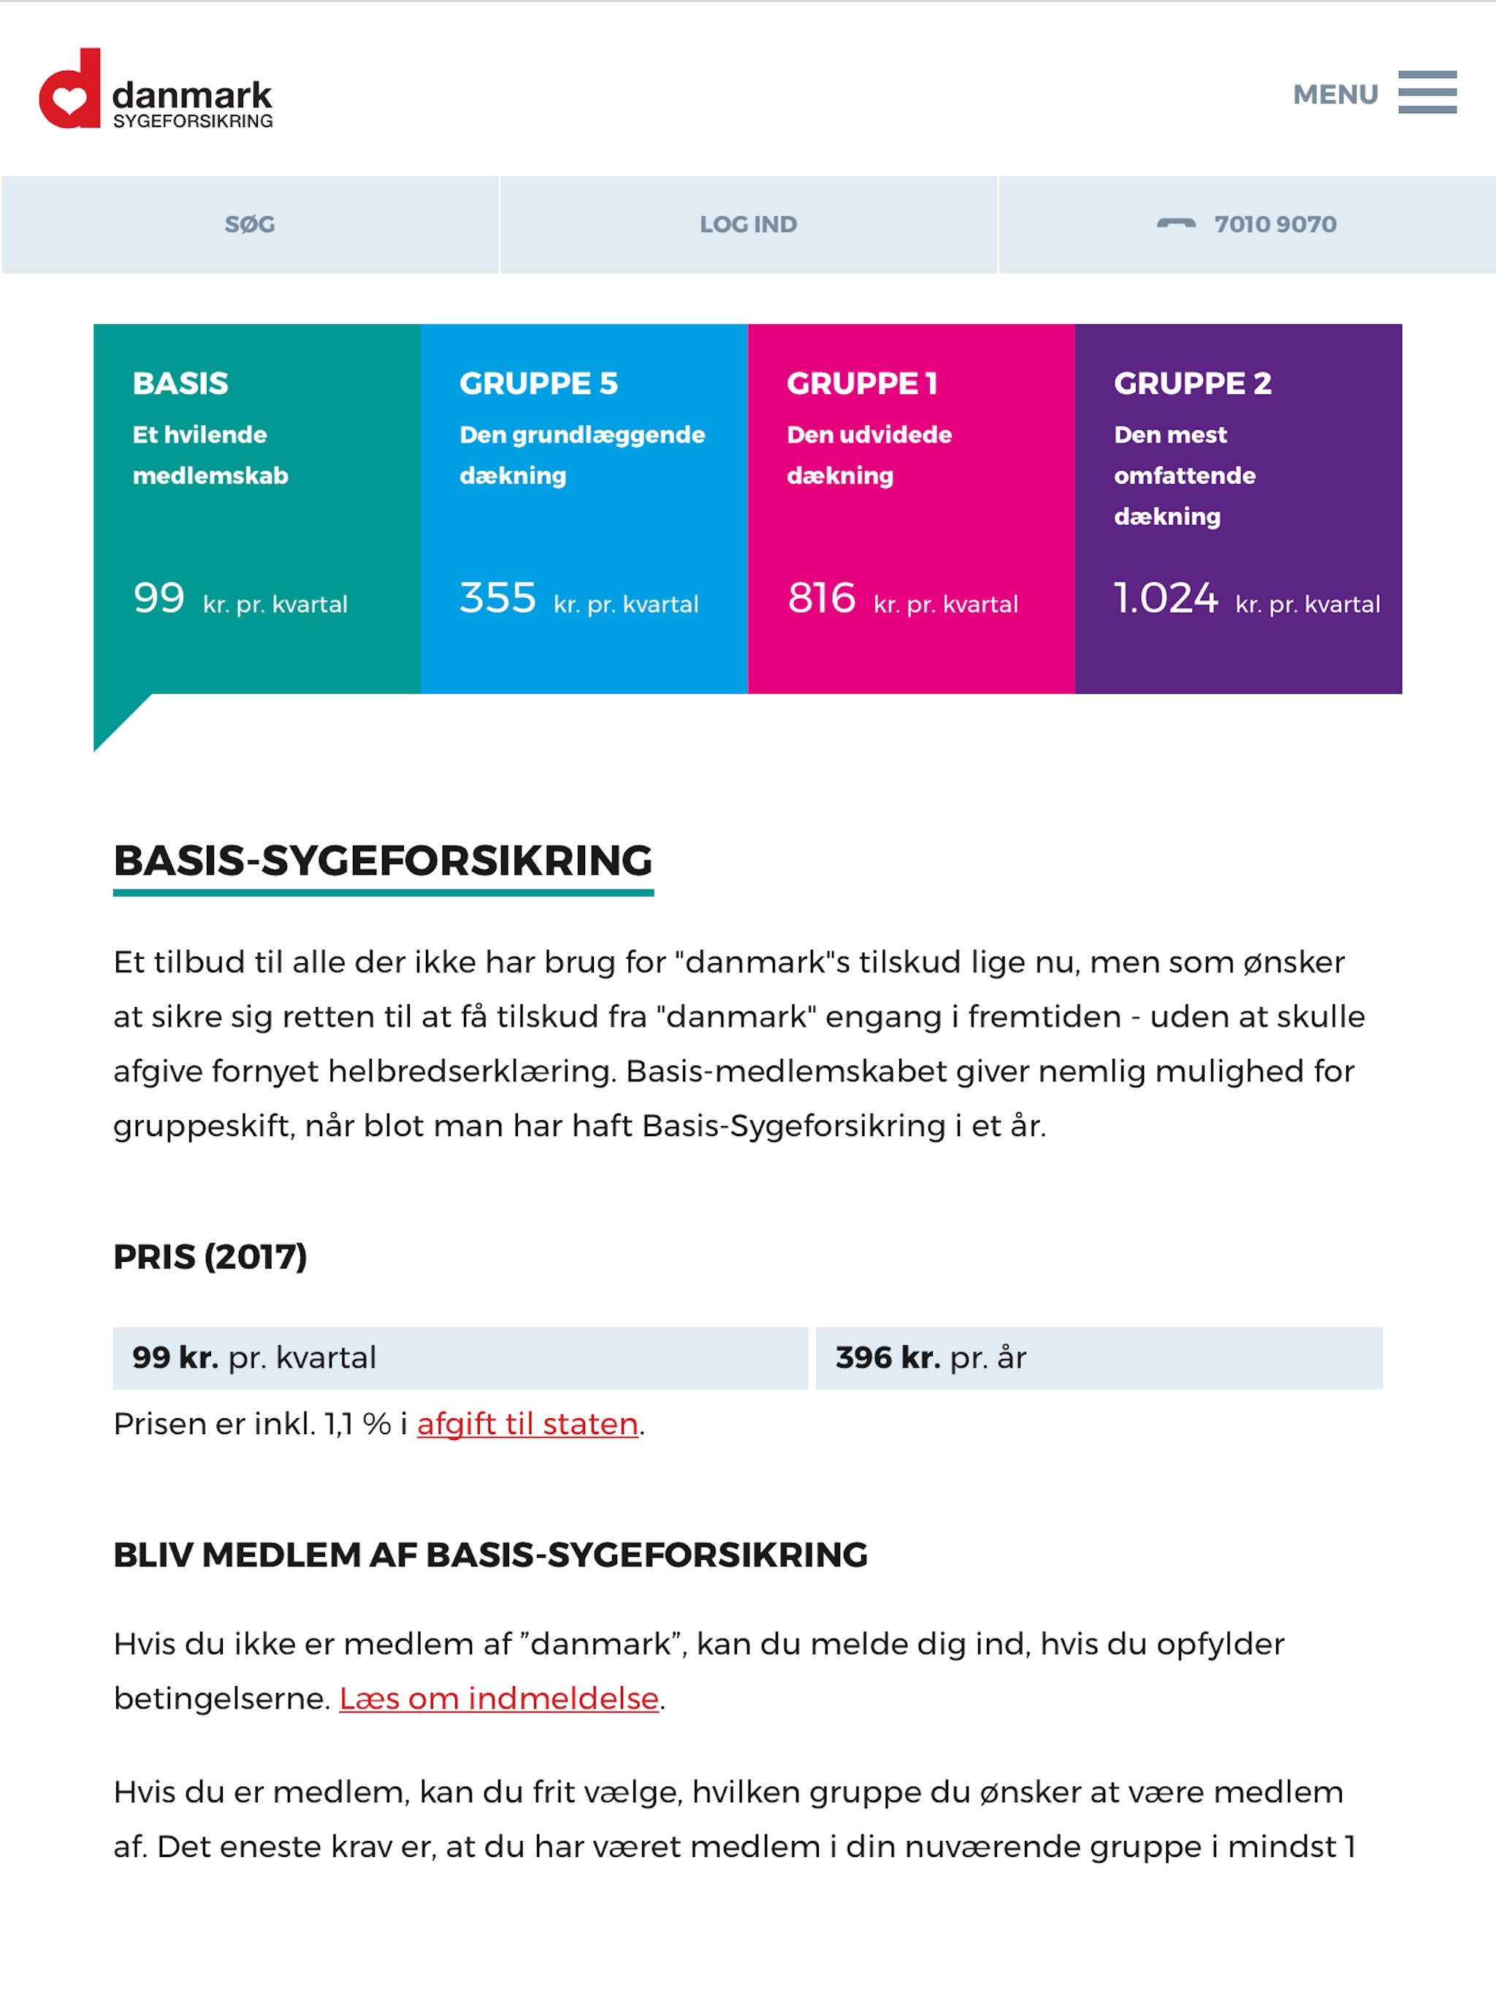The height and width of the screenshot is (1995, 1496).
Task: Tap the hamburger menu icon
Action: [1427, 92]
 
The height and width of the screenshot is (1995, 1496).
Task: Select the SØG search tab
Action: [250, 225]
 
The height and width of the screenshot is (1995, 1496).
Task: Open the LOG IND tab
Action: [748, 225]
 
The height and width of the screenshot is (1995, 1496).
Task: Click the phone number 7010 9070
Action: [1274, 225]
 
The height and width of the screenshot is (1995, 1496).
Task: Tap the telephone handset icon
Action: [1175, 223]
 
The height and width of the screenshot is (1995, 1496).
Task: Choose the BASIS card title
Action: [180, 383]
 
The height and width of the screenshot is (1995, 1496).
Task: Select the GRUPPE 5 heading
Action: [538, 383]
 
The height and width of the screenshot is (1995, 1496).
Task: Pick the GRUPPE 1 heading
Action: [862, 383]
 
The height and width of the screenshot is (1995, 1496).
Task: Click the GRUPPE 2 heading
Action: [1192, 383]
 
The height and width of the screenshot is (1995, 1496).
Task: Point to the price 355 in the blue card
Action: [497, 598]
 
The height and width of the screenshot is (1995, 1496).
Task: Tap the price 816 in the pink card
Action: [821, 598]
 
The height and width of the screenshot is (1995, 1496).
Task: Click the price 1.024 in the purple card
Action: [1165, 598]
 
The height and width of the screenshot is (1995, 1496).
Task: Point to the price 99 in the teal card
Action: [159, 598]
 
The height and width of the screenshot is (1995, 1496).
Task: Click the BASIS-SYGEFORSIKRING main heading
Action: [383, 860]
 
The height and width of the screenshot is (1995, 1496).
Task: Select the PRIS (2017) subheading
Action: [210, 1256]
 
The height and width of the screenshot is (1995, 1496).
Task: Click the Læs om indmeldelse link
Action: [499, 1699]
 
